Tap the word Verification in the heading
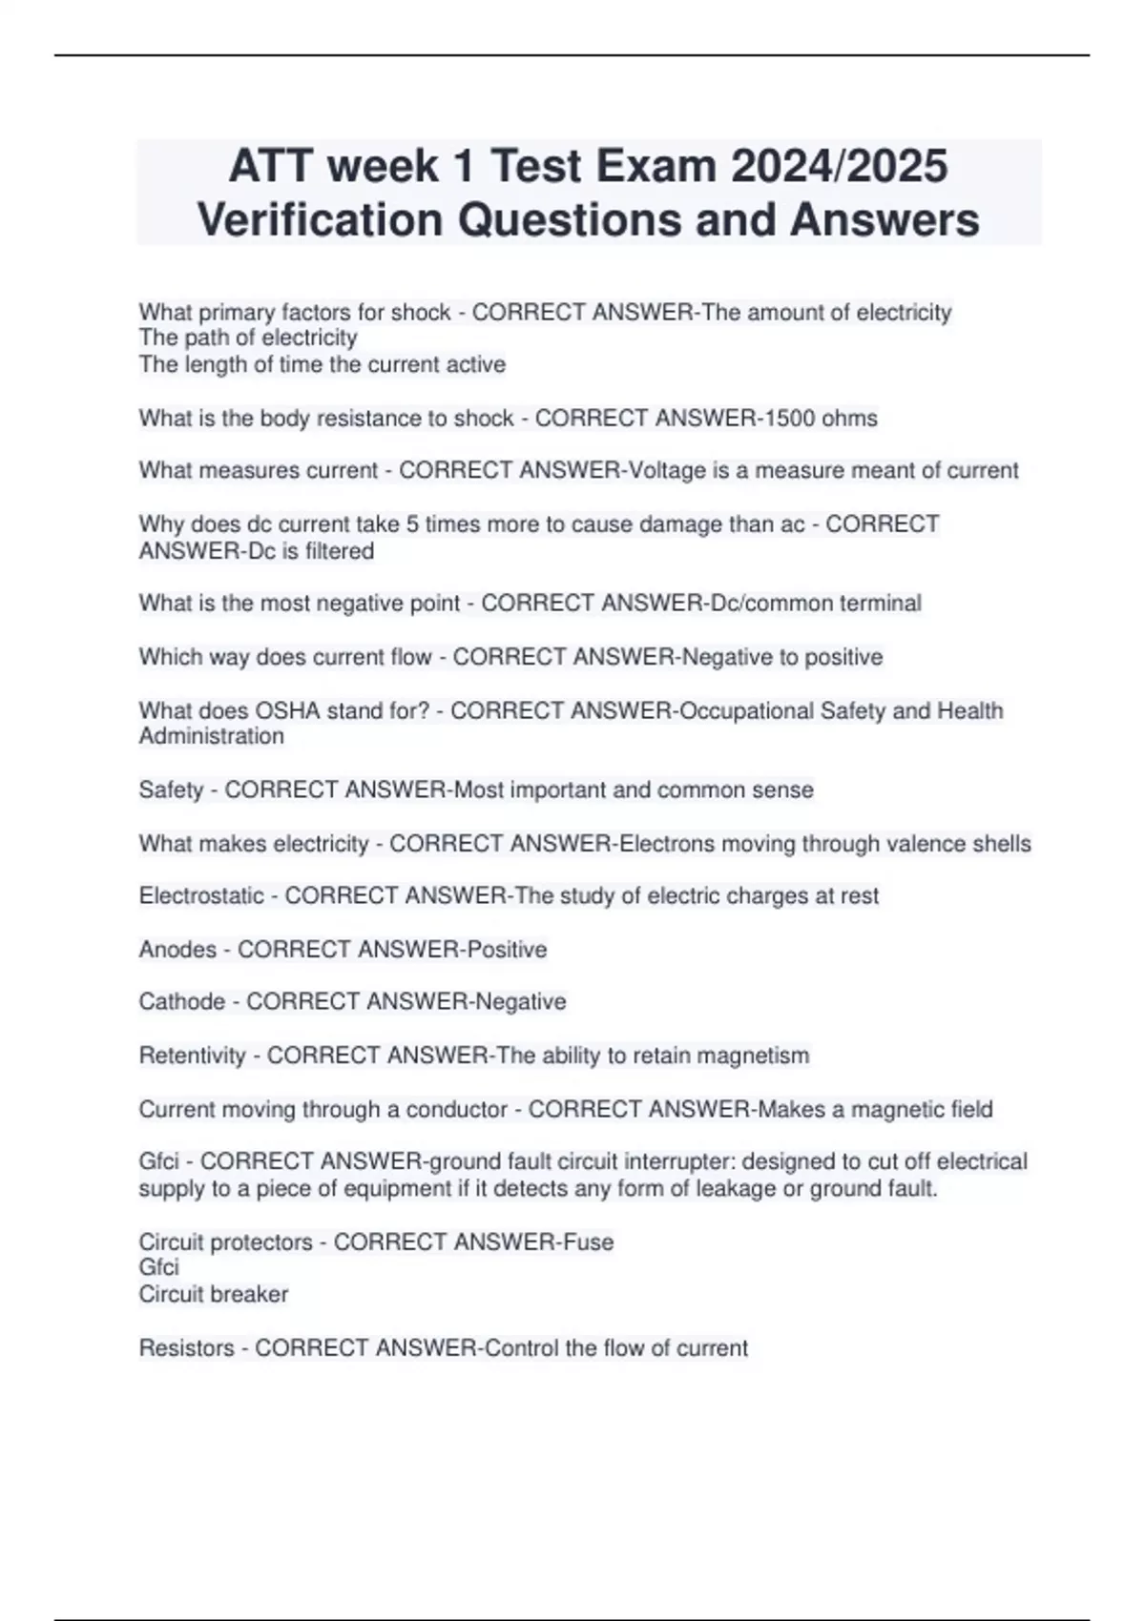(321, 219)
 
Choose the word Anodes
(177, 949)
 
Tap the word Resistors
(186, 1347)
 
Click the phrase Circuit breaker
(213, 1294)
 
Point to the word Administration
(211, 736)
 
